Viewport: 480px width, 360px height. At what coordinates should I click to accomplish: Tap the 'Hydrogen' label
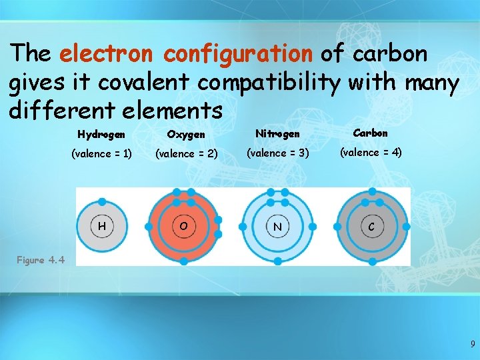point(101,135)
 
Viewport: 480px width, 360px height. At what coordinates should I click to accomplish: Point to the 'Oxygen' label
point(186,135)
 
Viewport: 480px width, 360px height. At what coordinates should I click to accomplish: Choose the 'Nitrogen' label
point(277,134)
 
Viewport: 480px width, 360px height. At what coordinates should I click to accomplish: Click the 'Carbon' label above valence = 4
point(371,133)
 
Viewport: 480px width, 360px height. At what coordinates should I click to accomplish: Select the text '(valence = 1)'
point(101,154)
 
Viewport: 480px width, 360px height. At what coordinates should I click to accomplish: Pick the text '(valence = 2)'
point(186,154)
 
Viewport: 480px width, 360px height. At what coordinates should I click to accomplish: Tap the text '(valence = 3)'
point(277,153)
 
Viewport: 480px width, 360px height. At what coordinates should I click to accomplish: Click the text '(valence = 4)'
point(371,153)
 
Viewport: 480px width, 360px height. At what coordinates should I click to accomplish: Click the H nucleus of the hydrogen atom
point(101,227)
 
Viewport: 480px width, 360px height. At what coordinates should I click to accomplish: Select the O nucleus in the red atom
point(183,227)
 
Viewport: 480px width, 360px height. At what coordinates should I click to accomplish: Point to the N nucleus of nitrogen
point(277,227)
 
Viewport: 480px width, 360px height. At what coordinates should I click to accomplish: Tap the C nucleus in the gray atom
point(371,227)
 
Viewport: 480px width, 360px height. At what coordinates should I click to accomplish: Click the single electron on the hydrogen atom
point(101,201)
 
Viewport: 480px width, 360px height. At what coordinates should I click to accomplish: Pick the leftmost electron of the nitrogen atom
point(243,227)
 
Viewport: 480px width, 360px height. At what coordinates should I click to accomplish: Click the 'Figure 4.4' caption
point(41,260)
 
